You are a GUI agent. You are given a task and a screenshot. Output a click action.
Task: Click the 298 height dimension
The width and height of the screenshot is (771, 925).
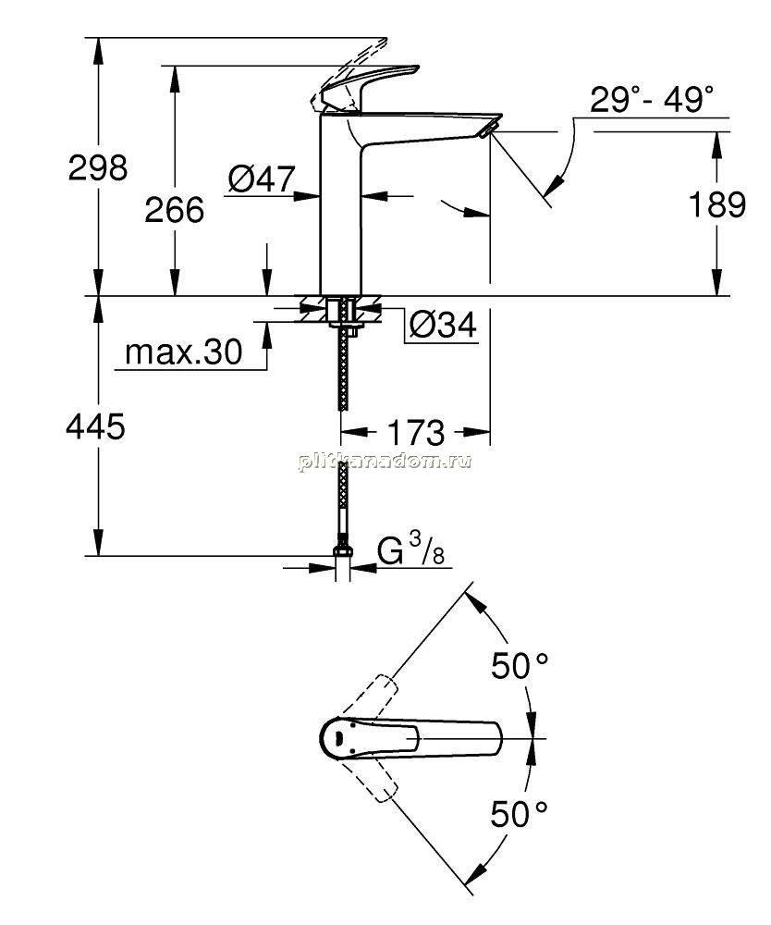point(98,168)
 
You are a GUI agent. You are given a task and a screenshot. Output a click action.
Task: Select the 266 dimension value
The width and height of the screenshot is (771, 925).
point(175,210)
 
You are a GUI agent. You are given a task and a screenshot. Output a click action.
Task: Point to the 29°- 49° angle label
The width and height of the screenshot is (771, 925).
point(652,99)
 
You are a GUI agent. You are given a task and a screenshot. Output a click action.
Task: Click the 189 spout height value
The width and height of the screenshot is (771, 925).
point(717,204)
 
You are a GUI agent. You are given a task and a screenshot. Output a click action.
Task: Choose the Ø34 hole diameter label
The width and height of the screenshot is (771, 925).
point(443,325)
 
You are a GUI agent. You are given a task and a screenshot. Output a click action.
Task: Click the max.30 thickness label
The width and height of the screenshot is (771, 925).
point(183,352)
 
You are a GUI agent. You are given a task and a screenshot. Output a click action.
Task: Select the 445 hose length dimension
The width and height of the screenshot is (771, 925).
point(95,425)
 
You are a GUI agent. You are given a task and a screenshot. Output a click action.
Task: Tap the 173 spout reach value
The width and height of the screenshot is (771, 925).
point(416,433)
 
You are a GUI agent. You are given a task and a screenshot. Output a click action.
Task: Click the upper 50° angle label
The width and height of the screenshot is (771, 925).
point(520,666)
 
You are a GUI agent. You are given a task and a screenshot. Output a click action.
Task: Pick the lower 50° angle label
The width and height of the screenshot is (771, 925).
point(519,814)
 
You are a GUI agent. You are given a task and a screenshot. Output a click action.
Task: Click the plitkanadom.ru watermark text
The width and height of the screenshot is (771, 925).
point(385,462)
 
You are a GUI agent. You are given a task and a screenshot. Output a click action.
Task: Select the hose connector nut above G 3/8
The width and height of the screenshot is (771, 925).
point(342,550)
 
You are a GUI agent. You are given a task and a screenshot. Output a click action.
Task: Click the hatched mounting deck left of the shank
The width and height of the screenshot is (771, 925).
point(312,309)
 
